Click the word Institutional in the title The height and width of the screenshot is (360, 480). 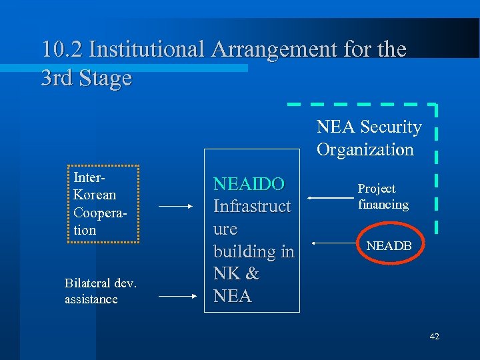click(147, 49)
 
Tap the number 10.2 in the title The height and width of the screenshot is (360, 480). click(62, 49)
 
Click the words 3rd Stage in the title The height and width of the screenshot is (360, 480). click(86, 78)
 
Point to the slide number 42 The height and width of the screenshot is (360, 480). click(435, 337)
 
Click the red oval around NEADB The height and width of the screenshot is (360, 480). click(389, 247)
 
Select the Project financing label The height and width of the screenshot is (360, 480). click(383, 197)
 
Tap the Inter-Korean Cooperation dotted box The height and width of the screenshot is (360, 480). click(105, 204)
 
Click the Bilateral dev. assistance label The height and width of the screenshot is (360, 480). click(100, 291)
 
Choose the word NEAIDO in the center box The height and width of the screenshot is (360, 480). click(249, 183)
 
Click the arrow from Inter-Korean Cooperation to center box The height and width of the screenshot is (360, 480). click(175, 207)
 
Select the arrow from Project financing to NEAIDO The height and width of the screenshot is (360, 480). click(331, 198)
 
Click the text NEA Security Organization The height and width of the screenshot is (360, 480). click(369, 138)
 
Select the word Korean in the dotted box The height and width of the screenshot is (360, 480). click(95, 195)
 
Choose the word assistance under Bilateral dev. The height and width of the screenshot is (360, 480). click(91, 299)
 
